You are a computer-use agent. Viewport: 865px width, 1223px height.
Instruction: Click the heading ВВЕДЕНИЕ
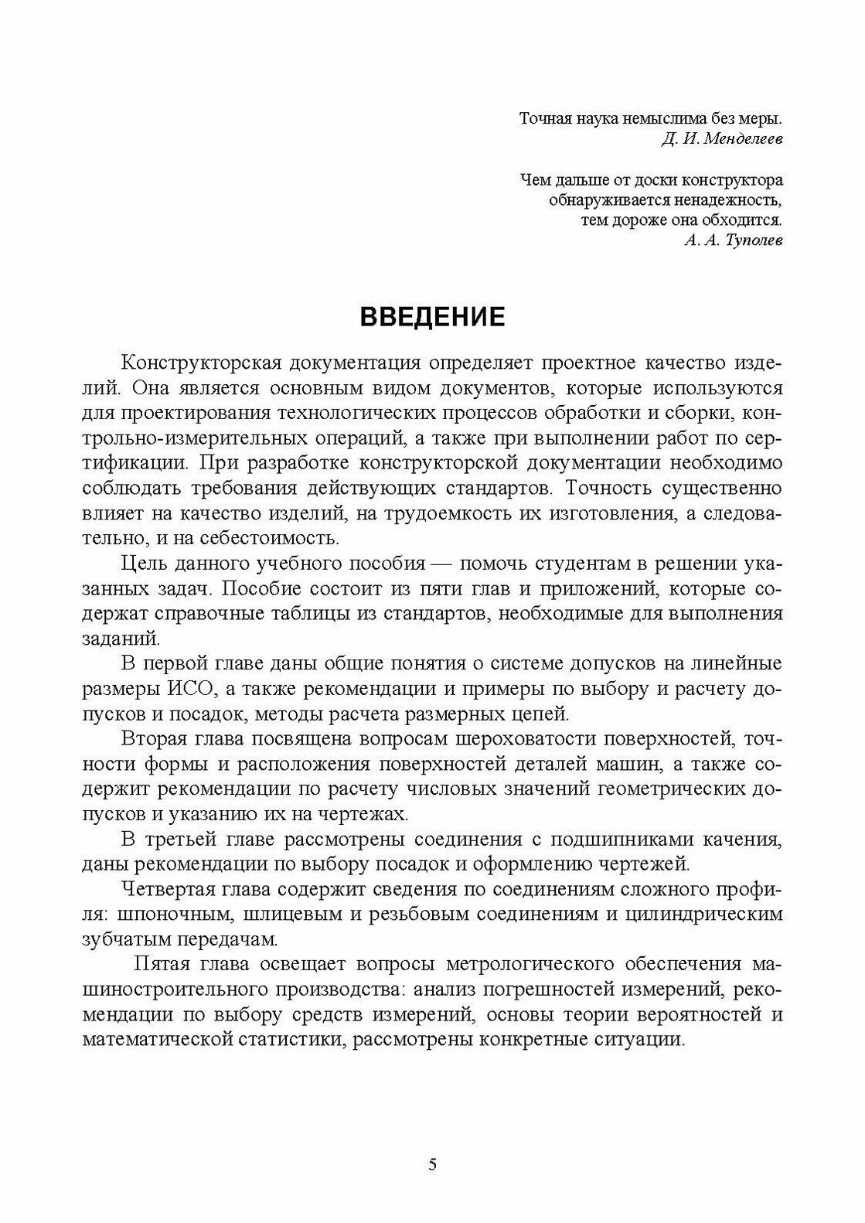pyautogui.click(x=432, y=318)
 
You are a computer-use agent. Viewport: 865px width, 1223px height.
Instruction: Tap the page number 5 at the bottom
pyautogui.click(x=432, y=1165)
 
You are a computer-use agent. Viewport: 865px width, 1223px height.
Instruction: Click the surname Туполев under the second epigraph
pyautogui.click(x=751, y=240)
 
